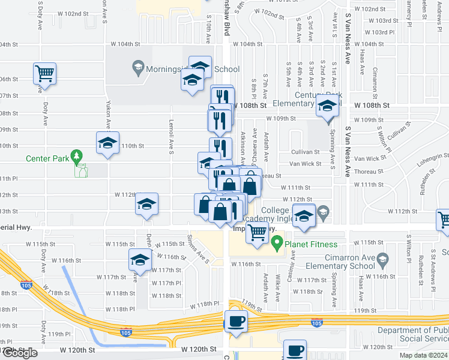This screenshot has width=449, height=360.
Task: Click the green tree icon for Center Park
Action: click(76, 158)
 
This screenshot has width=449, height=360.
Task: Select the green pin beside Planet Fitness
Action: click(277, 244)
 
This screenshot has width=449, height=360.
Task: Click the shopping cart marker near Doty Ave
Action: click(44, 74)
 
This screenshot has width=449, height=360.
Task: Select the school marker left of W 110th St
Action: click(108, 143)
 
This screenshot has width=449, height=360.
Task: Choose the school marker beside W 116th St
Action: click(140, 260)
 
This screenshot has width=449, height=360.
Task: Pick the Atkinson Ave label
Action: click(243, 150)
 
